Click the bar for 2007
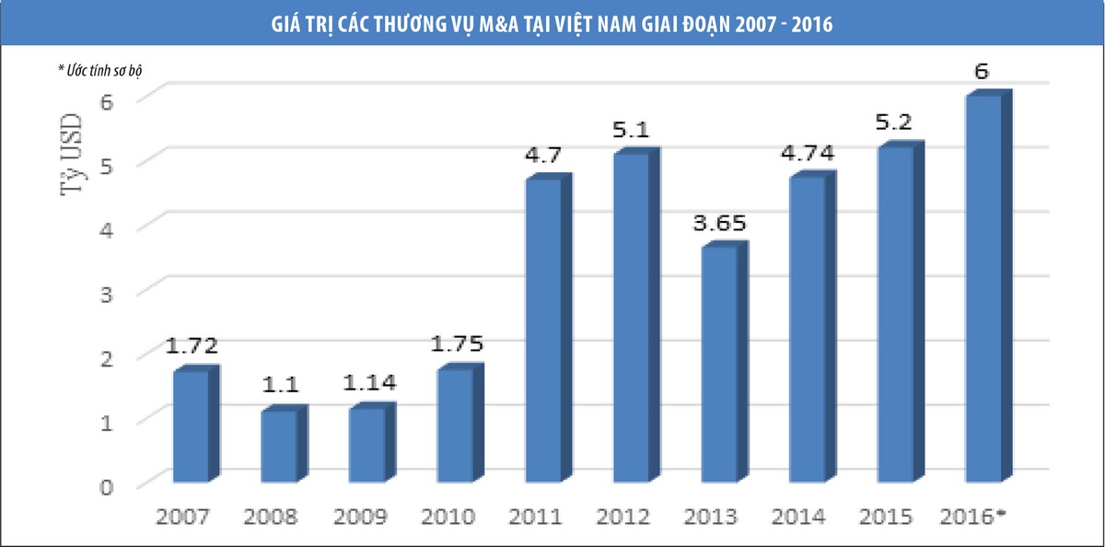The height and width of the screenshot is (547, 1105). [191, 425]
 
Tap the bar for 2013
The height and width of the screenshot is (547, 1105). [719, 364]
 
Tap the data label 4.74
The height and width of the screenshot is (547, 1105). [808, 153]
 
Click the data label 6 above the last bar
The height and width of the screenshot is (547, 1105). [983, 73]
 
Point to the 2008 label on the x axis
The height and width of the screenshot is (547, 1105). [271, 516]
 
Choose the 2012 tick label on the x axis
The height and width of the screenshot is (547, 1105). [623, 516]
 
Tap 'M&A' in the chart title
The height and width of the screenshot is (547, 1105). [499, 24]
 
